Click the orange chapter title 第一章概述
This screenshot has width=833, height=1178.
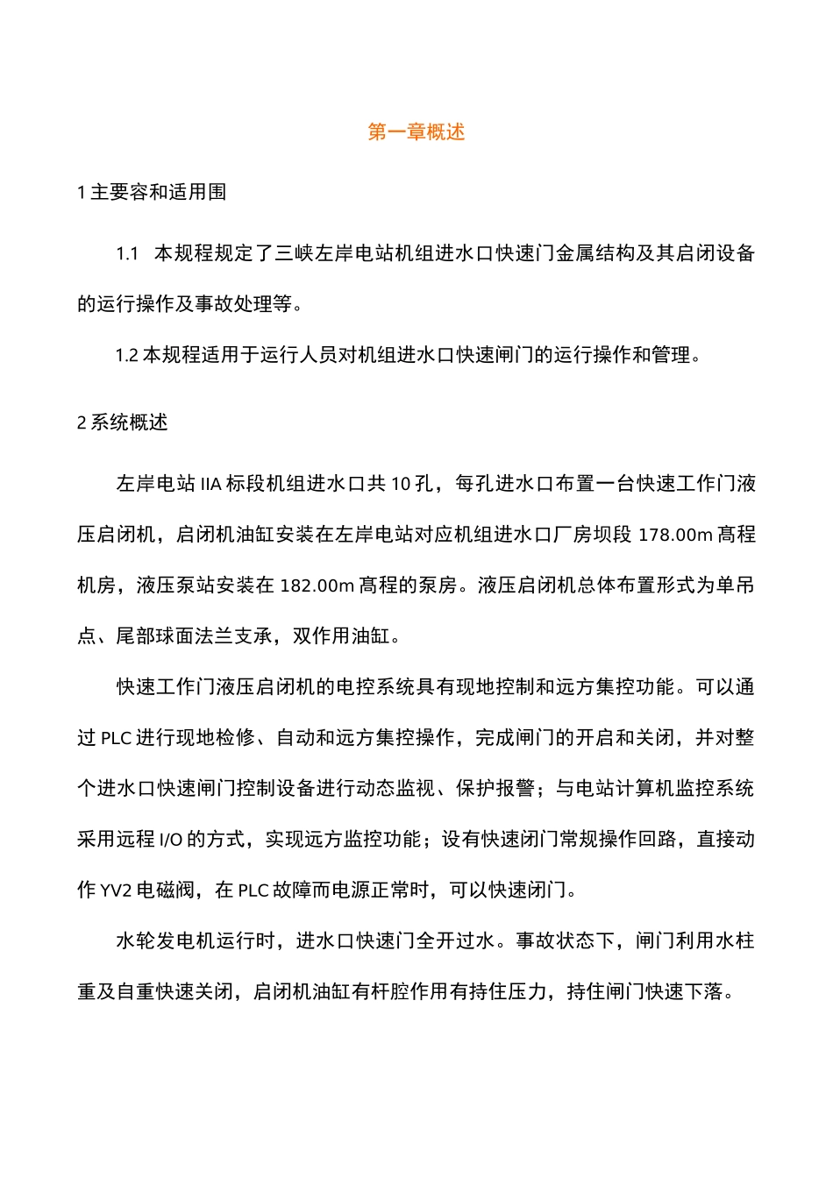pyautogui.click(x=416, y=132)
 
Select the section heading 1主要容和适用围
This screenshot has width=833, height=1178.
pyautogui.click(x=152, y=192)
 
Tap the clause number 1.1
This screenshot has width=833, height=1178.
pyautogui.click(x=128, y=254)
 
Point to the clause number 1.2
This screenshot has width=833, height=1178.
pyautogui.click(x=127, y=356)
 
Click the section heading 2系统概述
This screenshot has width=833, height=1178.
pyautogui.click(x=123, y=422)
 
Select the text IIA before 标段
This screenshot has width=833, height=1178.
pyautogui.click(x=210, y=484)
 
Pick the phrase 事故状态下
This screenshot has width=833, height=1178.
pyautogui.click(x=566, y=941)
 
